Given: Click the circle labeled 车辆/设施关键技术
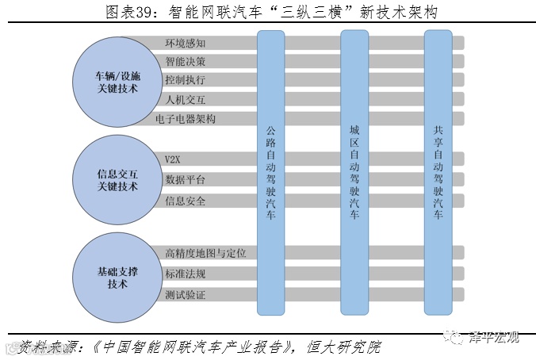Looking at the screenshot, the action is click(117, 82).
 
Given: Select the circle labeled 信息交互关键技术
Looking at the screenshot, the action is click(117, 180).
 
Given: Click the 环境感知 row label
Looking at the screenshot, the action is click(185, 42).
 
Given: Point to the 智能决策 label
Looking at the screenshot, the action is click(185, 61).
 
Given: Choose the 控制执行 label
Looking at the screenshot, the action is click(185, 80).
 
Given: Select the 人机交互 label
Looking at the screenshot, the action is click(185, 100).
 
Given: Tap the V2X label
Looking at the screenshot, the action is click(173, 159).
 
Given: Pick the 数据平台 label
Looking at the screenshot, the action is click(185, 180).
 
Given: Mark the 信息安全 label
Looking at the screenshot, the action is click(185, 201).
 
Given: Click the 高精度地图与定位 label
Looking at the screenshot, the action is click(205, 254).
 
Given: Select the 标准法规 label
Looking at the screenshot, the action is click(185, 274).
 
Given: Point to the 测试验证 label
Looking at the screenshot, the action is click(185, 295).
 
